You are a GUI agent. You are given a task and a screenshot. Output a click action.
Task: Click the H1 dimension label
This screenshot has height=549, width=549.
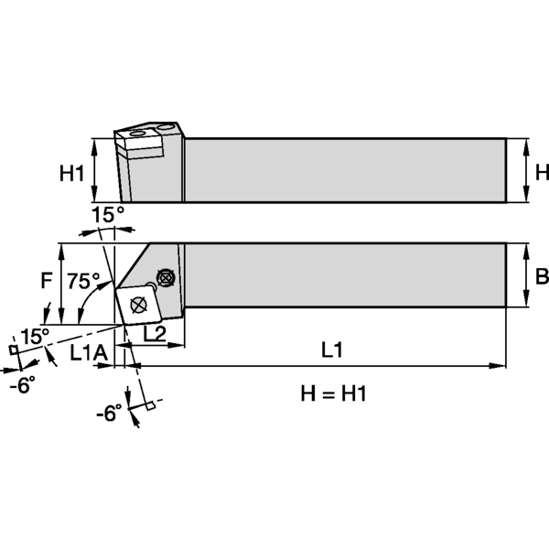point(71,171)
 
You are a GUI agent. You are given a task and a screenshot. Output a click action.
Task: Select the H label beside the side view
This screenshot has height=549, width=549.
point(541,171)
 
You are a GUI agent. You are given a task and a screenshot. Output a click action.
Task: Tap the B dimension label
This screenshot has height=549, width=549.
point(541,276)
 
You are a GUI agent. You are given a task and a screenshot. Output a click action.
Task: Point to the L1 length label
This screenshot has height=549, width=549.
point(331,349)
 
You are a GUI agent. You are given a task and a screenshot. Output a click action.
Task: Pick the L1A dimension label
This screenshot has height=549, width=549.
point(88,351)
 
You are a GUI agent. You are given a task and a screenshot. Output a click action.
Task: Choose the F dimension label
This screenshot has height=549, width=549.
point(46,283)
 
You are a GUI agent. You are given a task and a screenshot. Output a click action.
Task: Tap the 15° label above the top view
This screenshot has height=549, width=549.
point(107,215)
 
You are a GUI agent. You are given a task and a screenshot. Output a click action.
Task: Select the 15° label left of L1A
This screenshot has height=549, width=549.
point(35,336)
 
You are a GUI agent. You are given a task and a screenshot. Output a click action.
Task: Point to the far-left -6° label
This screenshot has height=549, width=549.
point(21,385)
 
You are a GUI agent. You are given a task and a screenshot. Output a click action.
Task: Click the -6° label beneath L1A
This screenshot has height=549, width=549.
point(108,414)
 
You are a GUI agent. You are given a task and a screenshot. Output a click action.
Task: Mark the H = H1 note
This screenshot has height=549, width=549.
point(333,393)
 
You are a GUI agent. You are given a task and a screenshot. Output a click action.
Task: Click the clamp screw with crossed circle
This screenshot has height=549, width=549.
point(166,276)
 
